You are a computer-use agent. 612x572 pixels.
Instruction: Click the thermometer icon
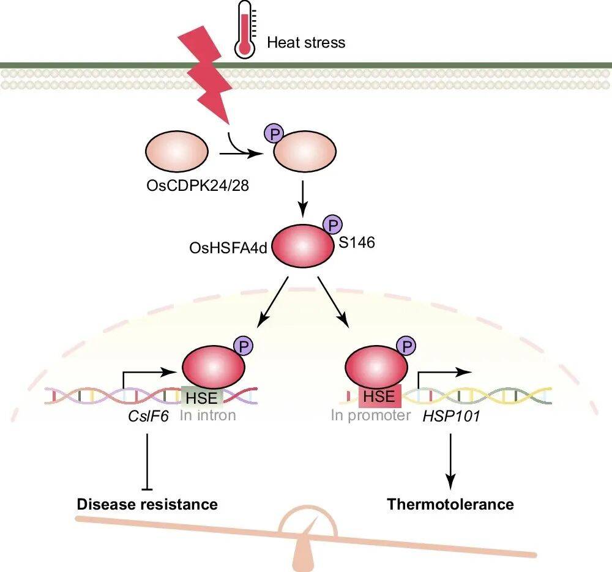point(245,29)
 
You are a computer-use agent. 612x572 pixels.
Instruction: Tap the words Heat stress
point(306,42)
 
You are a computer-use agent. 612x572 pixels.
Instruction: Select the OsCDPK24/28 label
point(198,185)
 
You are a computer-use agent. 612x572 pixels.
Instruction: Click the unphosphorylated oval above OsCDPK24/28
point(177,151)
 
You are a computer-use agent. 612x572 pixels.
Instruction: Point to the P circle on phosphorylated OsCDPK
point(274,133)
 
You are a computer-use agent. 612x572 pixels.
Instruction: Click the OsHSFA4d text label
point(228,248)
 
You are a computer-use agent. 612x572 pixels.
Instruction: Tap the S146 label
point(357,242)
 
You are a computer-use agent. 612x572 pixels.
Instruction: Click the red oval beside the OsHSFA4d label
point(302,246)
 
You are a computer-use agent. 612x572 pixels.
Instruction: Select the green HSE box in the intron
point(202,397)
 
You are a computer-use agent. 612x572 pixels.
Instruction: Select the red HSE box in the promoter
point(379,396)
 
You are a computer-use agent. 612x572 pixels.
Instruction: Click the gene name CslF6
point(148,416)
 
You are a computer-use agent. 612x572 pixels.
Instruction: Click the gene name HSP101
point(451,416)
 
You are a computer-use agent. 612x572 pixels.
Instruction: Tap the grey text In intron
point(208,415)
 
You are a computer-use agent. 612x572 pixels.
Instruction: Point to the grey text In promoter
point(370,415)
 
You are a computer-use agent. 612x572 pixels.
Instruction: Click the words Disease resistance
point(147,504)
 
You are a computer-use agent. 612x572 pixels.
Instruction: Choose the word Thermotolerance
point(450,504)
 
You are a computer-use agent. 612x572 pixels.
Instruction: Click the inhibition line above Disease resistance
point(147,462)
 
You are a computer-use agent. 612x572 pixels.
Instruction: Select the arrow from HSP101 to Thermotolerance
point(451,461)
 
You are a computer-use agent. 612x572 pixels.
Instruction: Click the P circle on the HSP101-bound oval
point(406,346)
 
